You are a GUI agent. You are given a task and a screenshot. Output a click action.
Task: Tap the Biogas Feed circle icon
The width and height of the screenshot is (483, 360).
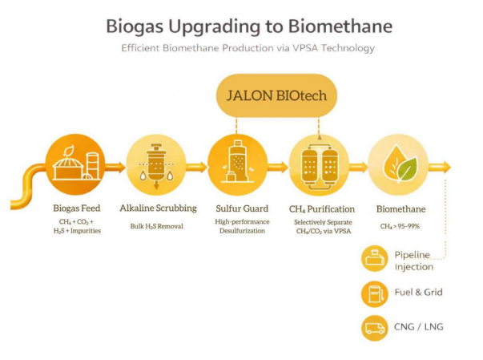71,166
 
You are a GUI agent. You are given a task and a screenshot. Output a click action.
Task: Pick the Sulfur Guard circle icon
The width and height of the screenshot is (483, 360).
237,166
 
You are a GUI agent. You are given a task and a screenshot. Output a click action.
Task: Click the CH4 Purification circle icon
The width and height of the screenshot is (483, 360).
318,166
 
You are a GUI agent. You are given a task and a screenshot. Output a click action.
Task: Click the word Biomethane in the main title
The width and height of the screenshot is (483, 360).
343,26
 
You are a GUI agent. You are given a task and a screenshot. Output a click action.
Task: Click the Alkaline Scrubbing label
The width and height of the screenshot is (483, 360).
157,209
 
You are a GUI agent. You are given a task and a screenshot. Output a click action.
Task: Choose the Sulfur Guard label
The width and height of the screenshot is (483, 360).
236,209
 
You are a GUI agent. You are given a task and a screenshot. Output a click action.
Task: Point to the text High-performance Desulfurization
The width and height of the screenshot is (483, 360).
236,226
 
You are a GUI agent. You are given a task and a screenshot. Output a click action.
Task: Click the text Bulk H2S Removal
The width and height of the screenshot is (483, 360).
157,226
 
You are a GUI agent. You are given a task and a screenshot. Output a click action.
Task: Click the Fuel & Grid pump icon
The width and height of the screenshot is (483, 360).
374,293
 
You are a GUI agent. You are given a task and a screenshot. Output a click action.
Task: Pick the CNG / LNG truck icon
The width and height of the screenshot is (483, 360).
374,327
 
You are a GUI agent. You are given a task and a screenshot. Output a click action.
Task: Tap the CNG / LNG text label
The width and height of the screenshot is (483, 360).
419,327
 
